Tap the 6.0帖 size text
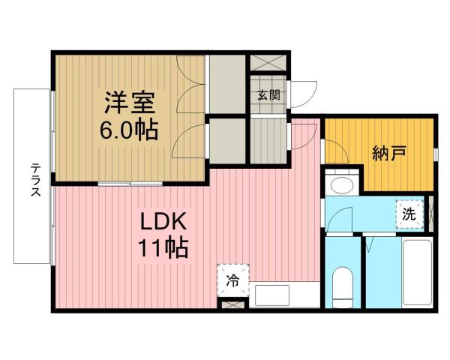[128, 130]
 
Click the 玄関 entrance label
[268, 95]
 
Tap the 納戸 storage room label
[389, 154]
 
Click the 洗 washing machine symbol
[409, 213]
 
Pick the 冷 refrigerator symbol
[233, 281]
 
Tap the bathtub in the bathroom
[416, 274]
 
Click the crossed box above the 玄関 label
[268, 64]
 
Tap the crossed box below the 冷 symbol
[233, 306]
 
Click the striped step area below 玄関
[268, 140]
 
